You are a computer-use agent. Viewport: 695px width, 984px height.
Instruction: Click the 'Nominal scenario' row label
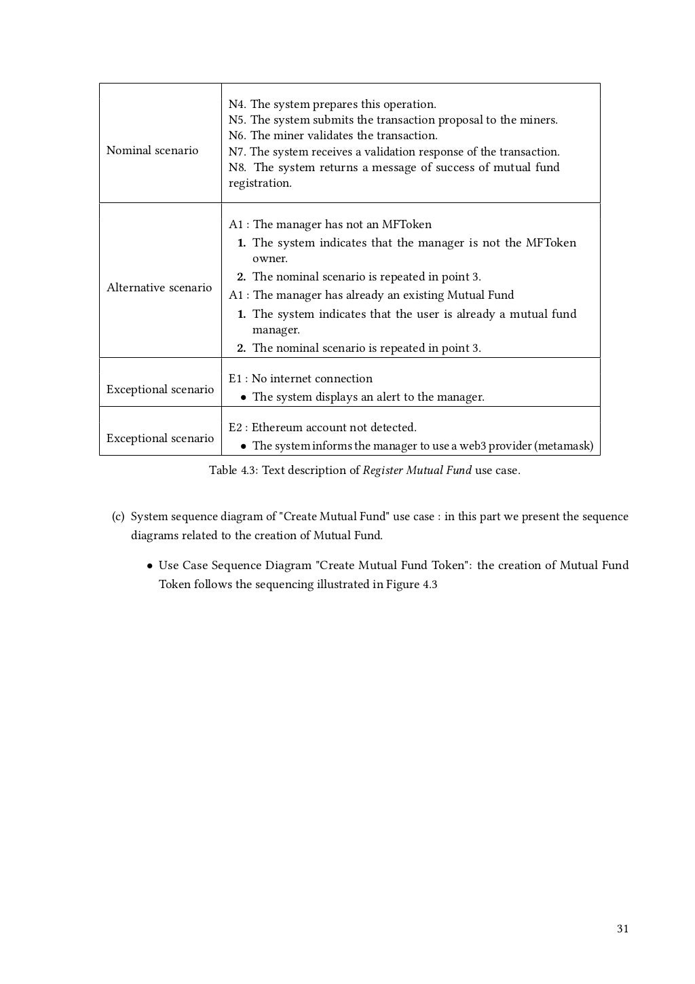[152, 150]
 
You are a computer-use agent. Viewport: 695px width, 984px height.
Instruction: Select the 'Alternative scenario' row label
[159, 287]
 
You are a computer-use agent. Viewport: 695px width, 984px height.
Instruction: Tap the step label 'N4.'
[238, 104]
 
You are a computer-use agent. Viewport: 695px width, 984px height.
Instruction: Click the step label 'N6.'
[238, 135]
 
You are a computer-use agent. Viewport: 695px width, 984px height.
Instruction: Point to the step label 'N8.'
[238, 167]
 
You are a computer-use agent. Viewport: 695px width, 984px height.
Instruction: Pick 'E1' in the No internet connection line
[235, 378]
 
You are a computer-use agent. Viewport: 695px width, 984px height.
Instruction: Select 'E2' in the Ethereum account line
[235, 427]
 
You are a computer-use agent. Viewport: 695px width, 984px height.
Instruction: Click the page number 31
[622, 929]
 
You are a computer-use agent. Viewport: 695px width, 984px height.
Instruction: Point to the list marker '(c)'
[118, 516]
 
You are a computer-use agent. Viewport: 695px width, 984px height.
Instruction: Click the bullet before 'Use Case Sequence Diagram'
[149, 566]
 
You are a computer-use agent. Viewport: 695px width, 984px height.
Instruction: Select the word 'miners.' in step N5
[539, 120]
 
